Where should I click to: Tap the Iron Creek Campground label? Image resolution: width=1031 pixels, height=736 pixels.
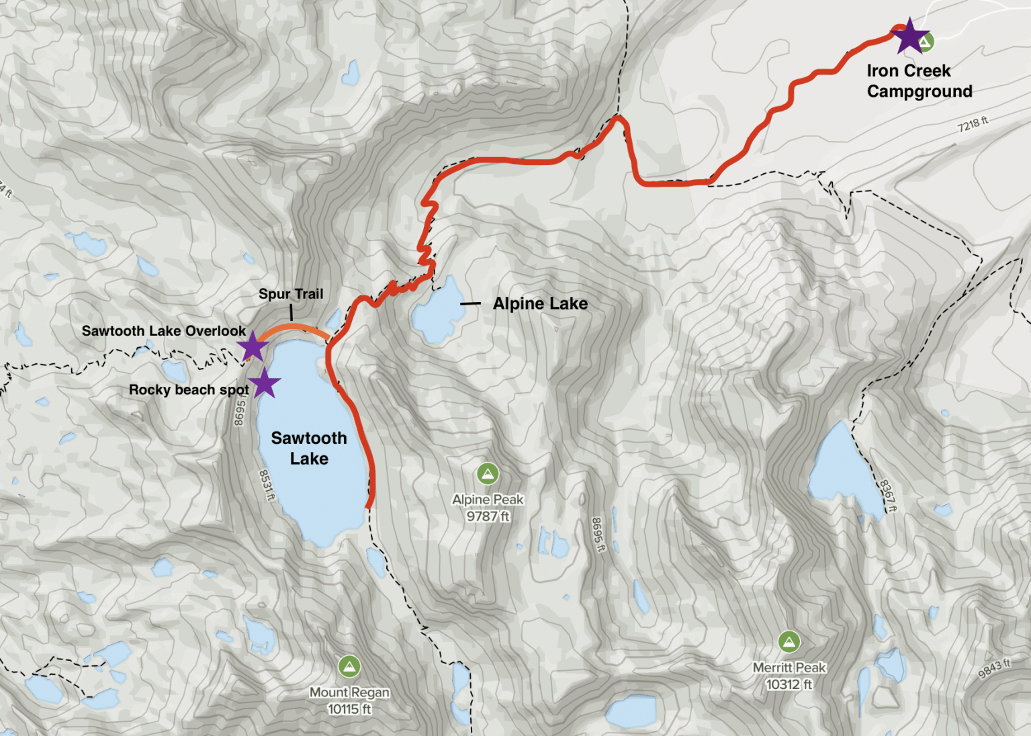[x=919, y=81]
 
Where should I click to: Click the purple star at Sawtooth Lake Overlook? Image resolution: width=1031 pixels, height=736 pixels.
[x=253, y=347]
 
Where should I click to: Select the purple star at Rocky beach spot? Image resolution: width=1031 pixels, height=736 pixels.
[x=264, y=383]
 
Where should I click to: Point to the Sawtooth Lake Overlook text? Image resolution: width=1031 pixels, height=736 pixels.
[x=163, y=331]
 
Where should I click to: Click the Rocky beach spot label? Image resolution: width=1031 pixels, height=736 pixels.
[x=188, y=389]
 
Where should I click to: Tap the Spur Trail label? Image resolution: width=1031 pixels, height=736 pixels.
[x=291, y=294]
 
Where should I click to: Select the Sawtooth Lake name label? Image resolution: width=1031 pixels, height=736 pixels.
[x=309, y=448]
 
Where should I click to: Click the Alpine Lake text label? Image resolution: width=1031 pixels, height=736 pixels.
[x=540, y=304]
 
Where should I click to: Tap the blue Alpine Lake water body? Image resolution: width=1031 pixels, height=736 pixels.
[x=437, y=312]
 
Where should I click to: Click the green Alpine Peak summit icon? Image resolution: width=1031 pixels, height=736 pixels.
[x=488, y=474]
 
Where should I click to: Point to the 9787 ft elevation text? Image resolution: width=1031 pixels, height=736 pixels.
[x=488, y=516]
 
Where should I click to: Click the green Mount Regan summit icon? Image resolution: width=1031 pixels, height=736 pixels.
[x=349, y=667]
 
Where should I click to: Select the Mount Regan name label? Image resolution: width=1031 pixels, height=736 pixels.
[x=349, y=692]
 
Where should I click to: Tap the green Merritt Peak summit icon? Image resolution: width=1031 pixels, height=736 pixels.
[x=789, y=642]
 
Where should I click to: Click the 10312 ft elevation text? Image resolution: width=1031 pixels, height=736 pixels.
[x=789, y=684]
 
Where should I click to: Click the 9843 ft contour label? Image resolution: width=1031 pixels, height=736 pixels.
[x=994, y=668]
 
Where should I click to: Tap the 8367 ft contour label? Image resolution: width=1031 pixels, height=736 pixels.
[x=887, y=496]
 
